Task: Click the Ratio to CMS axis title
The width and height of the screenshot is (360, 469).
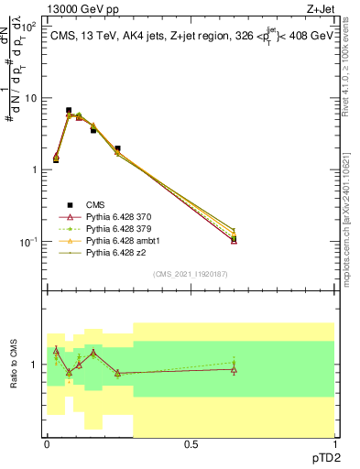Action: [15, 365]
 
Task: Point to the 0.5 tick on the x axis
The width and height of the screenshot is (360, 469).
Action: [191, 443]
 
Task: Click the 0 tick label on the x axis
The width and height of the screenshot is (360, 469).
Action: [47, 443]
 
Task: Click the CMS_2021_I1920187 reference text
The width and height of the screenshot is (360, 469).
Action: [190, 274]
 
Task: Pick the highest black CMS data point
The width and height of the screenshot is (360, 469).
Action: [69, 110]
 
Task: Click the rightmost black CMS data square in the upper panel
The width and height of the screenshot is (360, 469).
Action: [234, 238]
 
